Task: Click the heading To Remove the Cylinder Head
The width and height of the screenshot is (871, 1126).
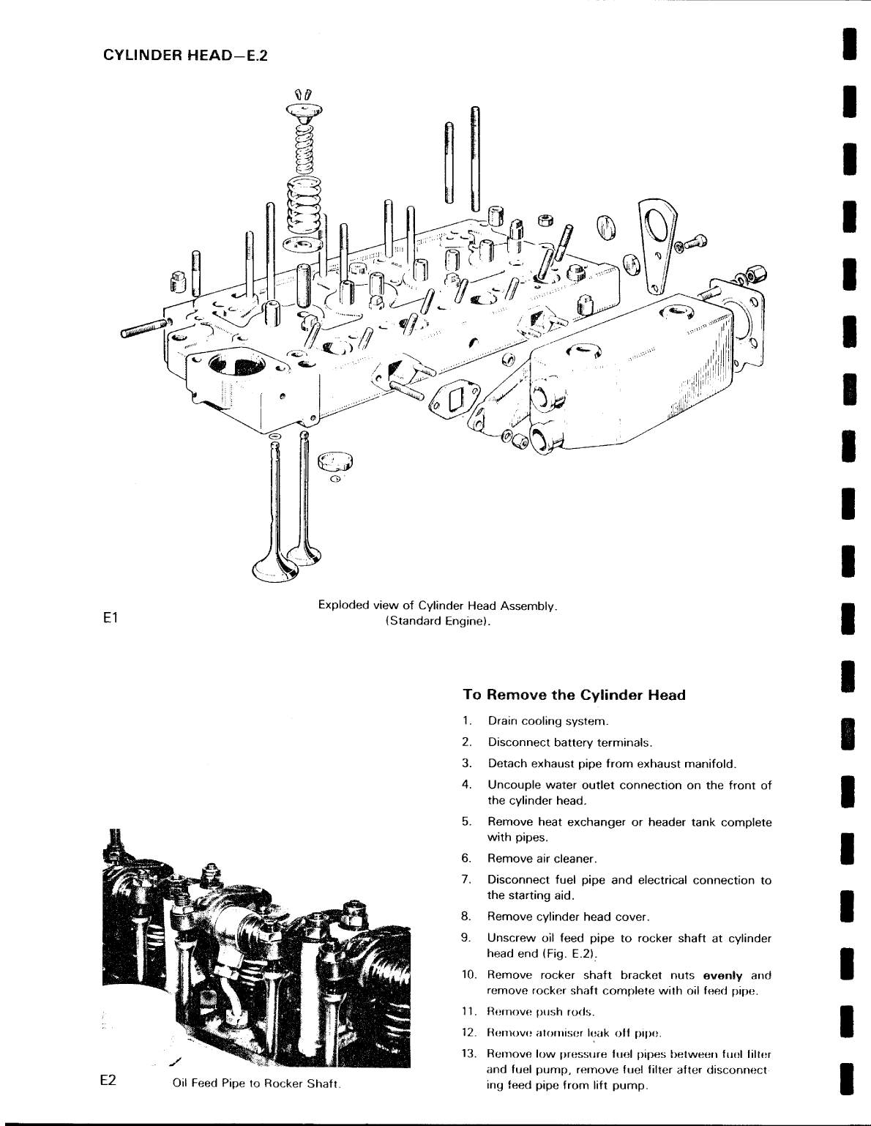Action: point(574,695)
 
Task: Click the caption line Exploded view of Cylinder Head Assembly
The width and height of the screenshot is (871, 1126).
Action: point(438,605)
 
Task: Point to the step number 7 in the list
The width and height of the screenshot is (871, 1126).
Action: point(466,880)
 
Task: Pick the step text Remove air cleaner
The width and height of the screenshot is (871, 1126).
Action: point(542,859)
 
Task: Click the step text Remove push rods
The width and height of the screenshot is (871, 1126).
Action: point(541,1013)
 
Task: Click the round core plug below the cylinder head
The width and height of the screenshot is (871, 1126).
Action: point(335,461)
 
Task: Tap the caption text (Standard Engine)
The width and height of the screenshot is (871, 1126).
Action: point(438,622)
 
